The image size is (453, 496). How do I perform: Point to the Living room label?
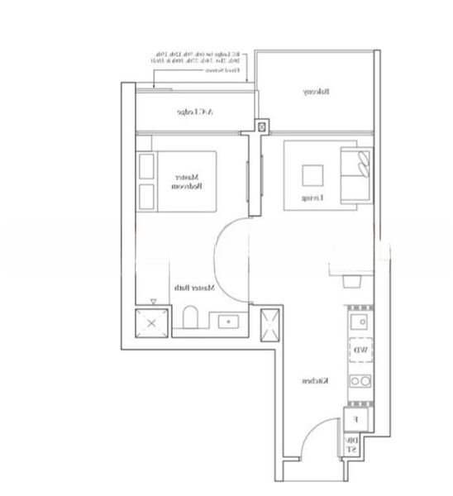pyautogui.click(x=311, y=198)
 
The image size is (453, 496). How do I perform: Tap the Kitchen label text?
pyautogui.click(x=312, y=381)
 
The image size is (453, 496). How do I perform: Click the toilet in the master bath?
pyautogui.click(x=191, y=320)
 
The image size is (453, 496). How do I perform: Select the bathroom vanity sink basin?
pyautogui.click(x=225, y=322)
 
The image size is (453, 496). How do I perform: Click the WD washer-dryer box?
pyautogui.click(x=361, y=351)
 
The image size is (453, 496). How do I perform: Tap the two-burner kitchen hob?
pyautogui.click(x=360, y=381)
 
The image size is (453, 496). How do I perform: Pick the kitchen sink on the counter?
pyautogui.click(x=360, y=319)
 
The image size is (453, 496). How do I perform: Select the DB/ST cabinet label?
pyautogui.click(x=351, y=445)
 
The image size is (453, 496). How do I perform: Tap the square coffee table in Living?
pyautogui.click(x=312, y=176)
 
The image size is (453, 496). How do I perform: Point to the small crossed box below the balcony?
pyautogui.click(x=263, y=127)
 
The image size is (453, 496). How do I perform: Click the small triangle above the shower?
pyautogui.click(x=153, y=302)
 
